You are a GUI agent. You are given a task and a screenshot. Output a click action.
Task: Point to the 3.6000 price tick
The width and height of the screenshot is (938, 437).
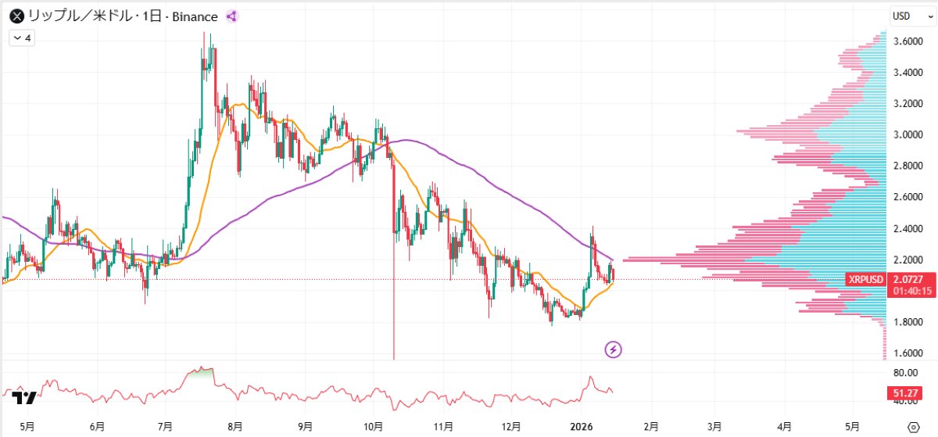point(905,41)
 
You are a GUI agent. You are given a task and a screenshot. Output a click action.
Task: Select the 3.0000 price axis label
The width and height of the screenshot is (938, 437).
point(905,134)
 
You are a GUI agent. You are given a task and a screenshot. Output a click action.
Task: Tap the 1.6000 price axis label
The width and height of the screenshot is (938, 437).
point(905,353)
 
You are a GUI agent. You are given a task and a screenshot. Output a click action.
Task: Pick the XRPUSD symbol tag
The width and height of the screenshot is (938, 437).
point(865,280)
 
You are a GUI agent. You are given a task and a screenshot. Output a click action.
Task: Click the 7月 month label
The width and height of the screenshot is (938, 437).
point(165,427)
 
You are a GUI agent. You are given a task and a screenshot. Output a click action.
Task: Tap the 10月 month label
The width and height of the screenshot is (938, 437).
point(374,427)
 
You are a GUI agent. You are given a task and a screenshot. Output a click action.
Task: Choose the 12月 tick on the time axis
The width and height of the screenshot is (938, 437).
point(512,427)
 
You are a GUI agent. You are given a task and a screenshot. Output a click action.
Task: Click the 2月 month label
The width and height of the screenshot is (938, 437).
point(650,427)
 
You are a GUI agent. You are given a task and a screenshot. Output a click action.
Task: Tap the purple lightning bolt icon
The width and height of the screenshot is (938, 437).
point(614,349)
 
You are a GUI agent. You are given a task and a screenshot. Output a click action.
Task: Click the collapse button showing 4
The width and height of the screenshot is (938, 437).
point(22,38)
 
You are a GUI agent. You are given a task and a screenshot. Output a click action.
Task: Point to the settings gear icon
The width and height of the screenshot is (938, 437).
point(913,427)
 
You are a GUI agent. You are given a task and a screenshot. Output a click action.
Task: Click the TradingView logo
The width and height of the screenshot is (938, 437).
point(24,399)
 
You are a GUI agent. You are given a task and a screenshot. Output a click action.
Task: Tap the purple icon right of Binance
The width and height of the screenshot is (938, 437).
point(231,16)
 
